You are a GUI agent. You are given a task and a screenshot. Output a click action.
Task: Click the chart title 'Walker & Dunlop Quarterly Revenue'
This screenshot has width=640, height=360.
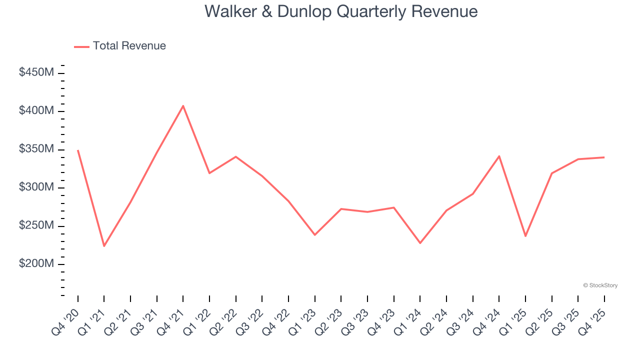pyautogui.click(x=341, y=11)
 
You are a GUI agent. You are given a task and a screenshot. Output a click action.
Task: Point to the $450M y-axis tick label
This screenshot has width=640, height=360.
pyautogui.click(x=36, y=72)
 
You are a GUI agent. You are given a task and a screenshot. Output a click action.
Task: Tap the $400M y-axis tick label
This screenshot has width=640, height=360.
pyautogui.click(x=36, y=110)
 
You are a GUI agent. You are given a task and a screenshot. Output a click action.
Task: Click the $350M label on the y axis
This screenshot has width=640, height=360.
pyautogui.click(x=36, y=149)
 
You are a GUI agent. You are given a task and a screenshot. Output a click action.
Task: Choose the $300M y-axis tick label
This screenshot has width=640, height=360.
pyautogui.click(x=36, y=187)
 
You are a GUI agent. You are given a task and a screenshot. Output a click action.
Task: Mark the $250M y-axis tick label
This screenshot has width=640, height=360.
pyautogui.click(x=36, y=225)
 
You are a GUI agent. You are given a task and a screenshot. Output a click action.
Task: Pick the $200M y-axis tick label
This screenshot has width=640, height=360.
pyautogui.click(x=36, y=263)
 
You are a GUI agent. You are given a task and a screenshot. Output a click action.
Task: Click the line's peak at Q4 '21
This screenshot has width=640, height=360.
pyautogui.click(x=183, y=106)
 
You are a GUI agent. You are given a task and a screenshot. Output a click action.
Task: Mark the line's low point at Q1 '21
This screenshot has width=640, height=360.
pyautogui.click(x=104, y=246)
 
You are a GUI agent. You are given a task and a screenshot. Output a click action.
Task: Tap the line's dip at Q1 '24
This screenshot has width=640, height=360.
pyautogui.click(x=420, y=243)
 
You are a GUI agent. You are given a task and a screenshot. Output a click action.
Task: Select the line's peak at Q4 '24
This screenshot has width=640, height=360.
pyautogui.click(x=499, y=156)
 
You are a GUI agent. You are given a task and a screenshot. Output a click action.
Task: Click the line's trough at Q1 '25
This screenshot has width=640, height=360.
pyautogui.click(x=525, y=236)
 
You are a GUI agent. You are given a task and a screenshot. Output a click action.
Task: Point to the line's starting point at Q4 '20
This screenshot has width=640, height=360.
pyautogui.click(x=78, y=150)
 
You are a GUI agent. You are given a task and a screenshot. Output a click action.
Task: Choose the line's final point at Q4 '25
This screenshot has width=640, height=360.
pyautogui.click(x=604, y=157)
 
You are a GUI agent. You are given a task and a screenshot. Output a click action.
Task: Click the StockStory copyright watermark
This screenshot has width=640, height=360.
pyautogui.click(x=600, y=285)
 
